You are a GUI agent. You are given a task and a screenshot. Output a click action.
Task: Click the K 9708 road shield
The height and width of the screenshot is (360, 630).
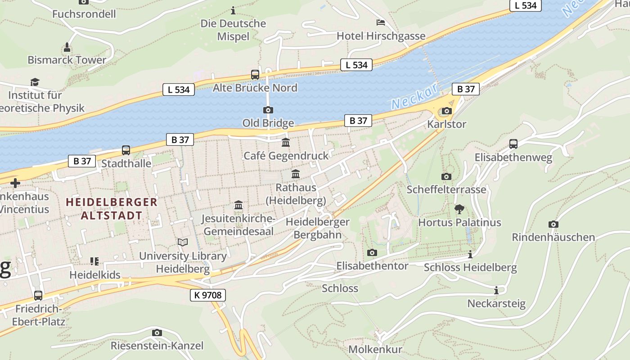click(207, 295)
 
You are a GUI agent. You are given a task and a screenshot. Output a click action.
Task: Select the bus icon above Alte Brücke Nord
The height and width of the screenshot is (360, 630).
click(255, 75)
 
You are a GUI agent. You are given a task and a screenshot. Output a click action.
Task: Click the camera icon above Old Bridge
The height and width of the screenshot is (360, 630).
click(268, 110)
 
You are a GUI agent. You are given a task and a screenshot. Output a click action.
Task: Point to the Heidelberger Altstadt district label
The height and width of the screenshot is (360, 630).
click(112, 208)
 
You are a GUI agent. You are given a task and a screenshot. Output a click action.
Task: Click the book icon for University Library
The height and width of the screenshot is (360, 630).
click(182, 243)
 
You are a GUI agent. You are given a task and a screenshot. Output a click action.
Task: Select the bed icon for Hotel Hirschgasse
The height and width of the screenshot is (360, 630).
click(381, 22)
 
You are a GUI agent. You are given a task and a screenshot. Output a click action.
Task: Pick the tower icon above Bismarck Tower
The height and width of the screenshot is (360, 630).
click(67, 47)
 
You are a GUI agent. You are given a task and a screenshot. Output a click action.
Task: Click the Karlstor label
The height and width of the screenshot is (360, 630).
click(446, 124)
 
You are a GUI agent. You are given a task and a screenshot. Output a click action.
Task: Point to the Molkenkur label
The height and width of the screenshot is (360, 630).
click(375, 349)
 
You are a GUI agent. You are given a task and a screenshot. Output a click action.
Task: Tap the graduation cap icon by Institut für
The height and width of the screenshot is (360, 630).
click(35, 82)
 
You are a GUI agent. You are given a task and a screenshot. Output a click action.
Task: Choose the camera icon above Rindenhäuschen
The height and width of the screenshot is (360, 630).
click(553, 224)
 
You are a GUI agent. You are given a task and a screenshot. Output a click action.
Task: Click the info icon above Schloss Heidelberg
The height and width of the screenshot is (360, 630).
click(470, 255)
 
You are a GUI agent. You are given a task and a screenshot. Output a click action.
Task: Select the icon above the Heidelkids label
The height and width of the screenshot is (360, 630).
click(94, 261)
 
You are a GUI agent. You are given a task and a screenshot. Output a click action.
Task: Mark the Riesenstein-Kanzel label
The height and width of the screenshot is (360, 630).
click(157, 346)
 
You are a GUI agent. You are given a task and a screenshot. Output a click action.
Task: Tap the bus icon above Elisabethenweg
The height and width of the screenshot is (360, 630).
click(513, 144)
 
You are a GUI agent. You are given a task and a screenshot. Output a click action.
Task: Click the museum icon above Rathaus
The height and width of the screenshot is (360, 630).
click(296, 174)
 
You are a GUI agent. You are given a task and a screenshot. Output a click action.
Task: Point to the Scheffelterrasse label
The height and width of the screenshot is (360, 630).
click(446, 189)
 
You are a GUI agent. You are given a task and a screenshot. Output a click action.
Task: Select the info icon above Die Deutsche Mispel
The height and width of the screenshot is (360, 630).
click(233, 10)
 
